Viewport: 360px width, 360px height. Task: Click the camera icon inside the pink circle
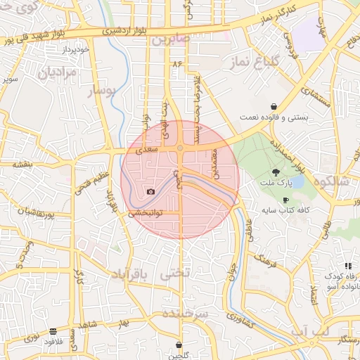(x=150, y=191)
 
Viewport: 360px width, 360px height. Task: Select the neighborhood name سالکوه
(x=333, y=181)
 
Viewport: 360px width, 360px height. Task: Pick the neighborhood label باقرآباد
(x=131, y=273)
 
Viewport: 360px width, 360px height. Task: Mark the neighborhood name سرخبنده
(x=184, y=314)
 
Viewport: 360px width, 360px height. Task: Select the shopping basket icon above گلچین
(x=179, y=345)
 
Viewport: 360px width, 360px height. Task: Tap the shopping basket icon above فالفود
(x=53, y=330)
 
